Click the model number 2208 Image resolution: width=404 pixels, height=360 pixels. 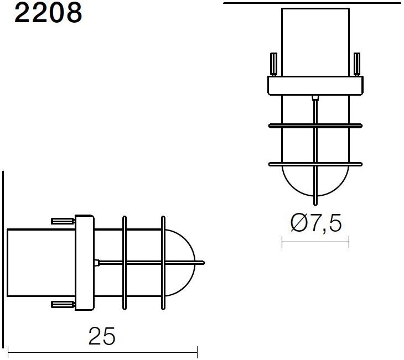(48, 13)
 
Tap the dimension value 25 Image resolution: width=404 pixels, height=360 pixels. (102, 336)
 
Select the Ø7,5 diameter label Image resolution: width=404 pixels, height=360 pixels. (316, 223)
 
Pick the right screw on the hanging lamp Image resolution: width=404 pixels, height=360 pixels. (357, 64)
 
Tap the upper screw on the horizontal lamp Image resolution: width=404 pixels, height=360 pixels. (63, 221)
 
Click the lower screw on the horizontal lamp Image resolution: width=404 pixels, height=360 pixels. (63, 304)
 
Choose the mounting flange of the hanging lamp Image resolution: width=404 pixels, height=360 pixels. (315, 85)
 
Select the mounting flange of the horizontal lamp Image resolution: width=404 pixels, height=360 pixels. (85, 262)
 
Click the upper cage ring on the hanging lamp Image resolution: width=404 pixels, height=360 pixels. (315, 126)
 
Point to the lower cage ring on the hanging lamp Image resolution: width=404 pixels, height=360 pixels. (315, 164)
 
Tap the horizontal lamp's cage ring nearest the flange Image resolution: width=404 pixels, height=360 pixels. (124, 262)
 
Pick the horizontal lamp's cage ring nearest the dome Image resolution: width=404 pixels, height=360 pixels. (163, 262)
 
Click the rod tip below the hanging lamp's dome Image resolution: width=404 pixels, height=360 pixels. (315, 201)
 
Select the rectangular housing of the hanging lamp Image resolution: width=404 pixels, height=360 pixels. (315, 41)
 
